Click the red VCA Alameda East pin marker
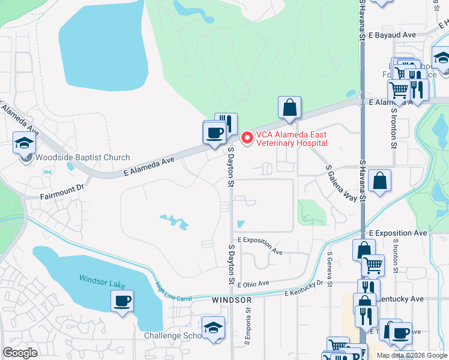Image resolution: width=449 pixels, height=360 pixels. (x=246, y=138)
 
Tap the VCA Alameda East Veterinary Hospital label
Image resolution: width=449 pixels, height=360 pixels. (x=292, y=139)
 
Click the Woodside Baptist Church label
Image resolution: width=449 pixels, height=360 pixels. (x=82, y=158)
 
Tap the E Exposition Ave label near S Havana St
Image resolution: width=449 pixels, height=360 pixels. (x=398, y=233)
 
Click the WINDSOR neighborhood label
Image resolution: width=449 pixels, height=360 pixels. (x=231, y=299)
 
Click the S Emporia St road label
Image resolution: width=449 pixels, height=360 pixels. (x=247, y=331)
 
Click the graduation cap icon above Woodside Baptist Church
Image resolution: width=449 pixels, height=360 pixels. (x=25, y=143)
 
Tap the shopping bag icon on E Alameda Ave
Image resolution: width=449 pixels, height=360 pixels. (x=289, y=108)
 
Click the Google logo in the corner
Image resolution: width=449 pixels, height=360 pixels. (x=20, y=353)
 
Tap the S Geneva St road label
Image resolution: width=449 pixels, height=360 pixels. (x=330, y=268)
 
